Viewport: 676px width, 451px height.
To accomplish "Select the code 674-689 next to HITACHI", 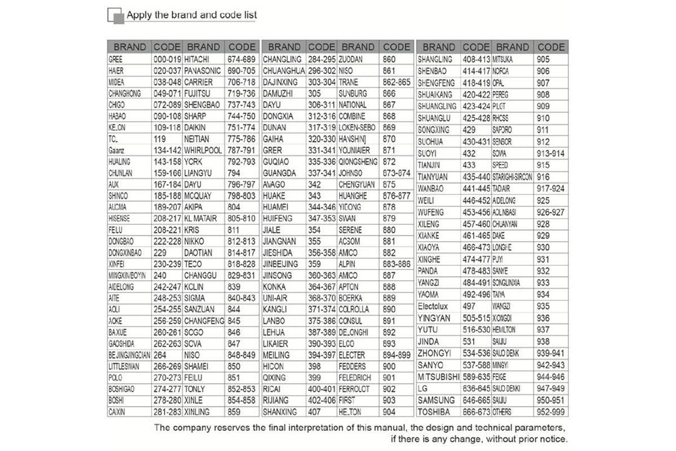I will point(242,59).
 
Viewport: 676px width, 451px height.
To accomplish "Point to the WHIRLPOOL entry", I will point(203,150).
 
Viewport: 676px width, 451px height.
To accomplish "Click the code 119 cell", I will point(161,139).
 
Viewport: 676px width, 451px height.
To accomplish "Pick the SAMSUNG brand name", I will point(436,400).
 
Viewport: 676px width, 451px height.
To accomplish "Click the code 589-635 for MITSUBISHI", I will point(476,377).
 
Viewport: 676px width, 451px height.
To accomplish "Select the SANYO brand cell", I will point(430,365).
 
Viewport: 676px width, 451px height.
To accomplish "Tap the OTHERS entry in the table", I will point(502,412).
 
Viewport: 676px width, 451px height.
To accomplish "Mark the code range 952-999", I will point(551,412).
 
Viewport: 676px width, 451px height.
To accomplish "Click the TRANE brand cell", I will point(348,82).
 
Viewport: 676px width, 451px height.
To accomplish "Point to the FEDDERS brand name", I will point(353,366).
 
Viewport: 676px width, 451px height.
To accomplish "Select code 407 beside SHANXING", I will point(314,412).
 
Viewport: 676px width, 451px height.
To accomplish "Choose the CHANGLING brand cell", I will point(283,59).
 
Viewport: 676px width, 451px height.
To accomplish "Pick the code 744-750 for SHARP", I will point(242,116).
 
